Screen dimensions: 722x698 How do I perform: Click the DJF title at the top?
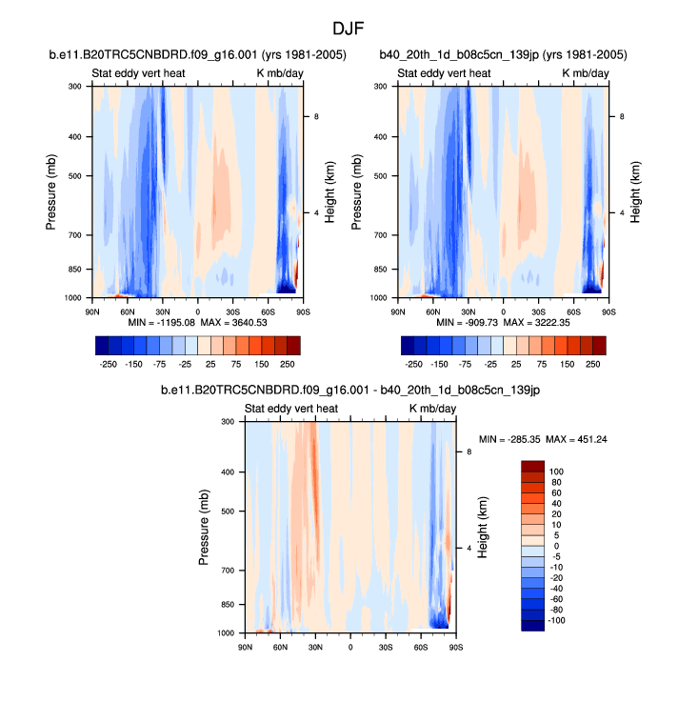[349, 30]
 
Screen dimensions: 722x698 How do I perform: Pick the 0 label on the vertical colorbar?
[554, 546]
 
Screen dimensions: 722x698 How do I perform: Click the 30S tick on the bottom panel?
[386, 648]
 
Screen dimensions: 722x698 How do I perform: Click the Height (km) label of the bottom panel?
[483, 527]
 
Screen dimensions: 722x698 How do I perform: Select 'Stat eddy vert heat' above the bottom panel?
[290, 409]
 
